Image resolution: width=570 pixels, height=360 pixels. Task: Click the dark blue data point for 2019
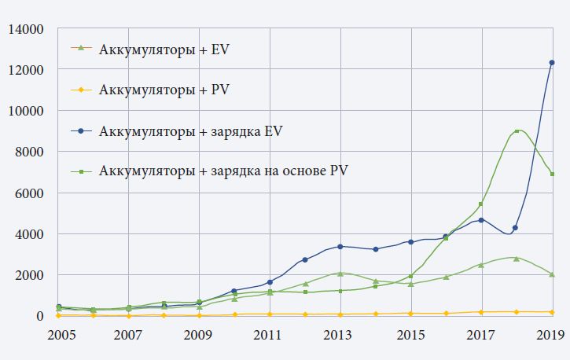tap(552, 63)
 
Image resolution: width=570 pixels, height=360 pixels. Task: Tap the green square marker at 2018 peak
tap(517, 131)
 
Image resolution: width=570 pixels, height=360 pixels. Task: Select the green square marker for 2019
tap(552, 174)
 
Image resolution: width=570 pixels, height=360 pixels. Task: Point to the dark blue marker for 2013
tap(340, 247)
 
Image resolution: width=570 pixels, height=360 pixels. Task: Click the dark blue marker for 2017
tap(481, 220)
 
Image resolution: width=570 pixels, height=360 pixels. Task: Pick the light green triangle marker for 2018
tap(517, 258)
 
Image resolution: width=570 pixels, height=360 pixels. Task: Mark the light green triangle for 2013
tap(340, 274)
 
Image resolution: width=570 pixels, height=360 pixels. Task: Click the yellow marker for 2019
tap(552, 312)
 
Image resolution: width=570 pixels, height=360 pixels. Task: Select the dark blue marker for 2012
tap(305, 260)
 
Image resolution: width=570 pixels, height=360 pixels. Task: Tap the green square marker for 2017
tap(481, 204)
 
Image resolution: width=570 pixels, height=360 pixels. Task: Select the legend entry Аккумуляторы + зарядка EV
tap(189, 130)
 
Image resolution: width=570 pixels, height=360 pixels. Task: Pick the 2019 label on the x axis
tap(550, 335)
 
